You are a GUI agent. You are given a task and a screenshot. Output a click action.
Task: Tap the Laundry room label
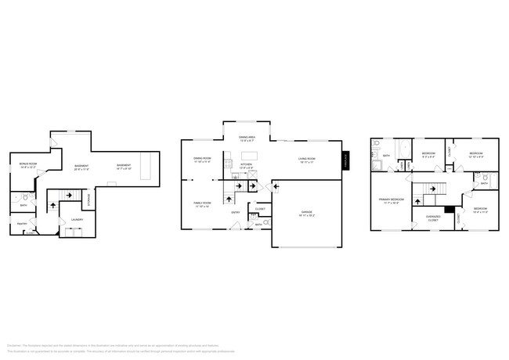pyautogui.click(x=78, y=220)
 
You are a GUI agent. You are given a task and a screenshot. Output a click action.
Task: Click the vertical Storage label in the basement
pyautogui.click(x=88, y=200)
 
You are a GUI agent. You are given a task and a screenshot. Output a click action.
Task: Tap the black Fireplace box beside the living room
pyautogui.click(x=345, y=160)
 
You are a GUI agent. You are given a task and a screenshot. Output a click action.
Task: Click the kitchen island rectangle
pyautogui.click(x=250, y=153)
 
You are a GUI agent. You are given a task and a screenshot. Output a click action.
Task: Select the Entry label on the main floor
pyautogui.click(x=235, y=212)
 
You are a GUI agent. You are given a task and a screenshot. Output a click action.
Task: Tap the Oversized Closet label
pyautogui.click(x=432, y=219)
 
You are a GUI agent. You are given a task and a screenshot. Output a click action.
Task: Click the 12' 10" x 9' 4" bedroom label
pyautogui.click(x=475, y=155)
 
